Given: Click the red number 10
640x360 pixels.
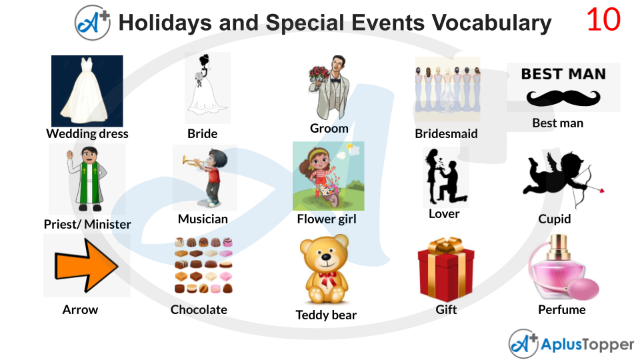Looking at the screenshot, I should [603, 21].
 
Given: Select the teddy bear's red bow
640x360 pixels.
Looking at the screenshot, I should [327, 276].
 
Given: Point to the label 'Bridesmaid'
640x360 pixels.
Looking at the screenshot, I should [446, 133].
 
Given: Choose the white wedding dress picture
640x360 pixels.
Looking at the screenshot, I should [87, 91].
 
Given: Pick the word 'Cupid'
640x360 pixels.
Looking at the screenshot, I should [554, 219].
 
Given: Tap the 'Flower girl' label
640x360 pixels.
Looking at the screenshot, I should [327, 219].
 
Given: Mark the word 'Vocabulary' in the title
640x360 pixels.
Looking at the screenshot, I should [491, 23].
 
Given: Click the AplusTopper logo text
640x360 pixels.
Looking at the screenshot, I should [587, 344].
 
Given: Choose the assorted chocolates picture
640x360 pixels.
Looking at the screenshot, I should [203, 265].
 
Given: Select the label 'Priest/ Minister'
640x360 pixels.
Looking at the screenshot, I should [87, 224].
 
